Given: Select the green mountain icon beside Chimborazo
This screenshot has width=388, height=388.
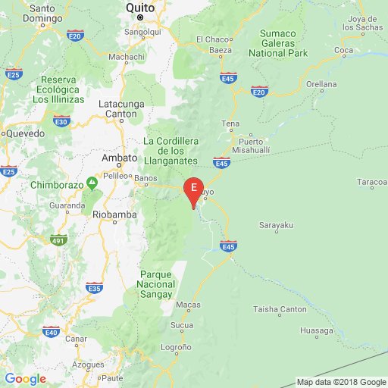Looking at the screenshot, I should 92,183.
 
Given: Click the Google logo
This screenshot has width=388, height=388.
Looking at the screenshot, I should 25,379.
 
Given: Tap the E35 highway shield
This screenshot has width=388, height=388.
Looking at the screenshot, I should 95,288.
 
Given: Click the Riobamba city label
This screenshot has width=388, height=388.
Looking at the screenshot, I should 113,214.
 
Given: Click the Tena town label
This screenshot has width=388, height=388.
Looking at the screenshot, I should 230,124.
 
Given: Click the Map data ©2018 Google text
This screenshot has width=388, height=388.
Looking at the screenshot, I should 340,382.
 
